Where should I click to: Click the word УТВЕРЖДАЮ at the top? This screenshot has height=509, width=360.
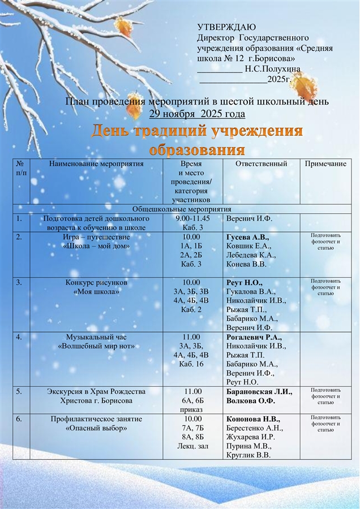[x=226, y=28]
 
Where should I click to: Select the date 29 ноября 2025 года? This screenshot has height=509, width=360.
[x=197, y=114]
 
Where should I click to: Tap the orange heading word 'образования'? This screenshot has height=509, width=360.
[x=196, y=150]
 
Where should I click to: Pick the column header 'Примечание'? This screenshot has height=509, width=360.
[x=325, y=164]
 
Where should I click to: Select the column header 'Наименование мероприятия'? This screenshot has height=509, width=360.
[x=96, y=164]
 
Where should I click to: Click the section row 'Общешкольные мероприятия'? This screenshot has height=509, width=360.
[x=179, y=209]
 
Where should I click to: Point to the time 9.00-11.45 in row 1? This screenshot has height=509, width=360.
[x=193, y=218]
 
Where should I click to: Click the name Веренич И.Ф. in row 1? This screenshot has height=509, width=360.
[x=249, y=218]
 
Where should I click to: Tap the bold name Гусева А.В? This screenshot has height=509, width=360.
[x=247, y=237]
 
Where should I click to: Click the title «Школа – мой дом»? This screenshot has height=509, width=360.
[x=96, y=246]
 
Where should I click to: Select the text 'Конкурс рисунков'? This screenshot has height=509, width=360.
[x=96, y=282]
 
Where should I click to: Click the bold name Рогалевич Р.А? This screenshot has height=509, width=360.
[x=254, y=337]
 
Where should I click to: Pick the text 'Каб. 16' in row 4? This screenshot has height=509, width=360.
[x=193, y=364]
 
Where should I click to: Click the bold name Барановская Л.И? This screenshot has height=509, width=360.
[x=259, y=392]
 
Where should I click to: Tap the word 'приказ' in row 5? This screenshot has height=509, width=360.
[x=193, y=410]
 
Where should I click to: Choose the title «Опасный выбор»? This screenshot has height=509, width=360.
[x=96, y=428]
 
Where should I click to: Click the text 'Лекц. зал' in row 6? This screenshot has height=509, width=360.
[x=193, y=446]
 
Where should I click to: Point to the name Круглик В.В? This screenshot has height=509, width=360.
[x=248, y=455]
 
